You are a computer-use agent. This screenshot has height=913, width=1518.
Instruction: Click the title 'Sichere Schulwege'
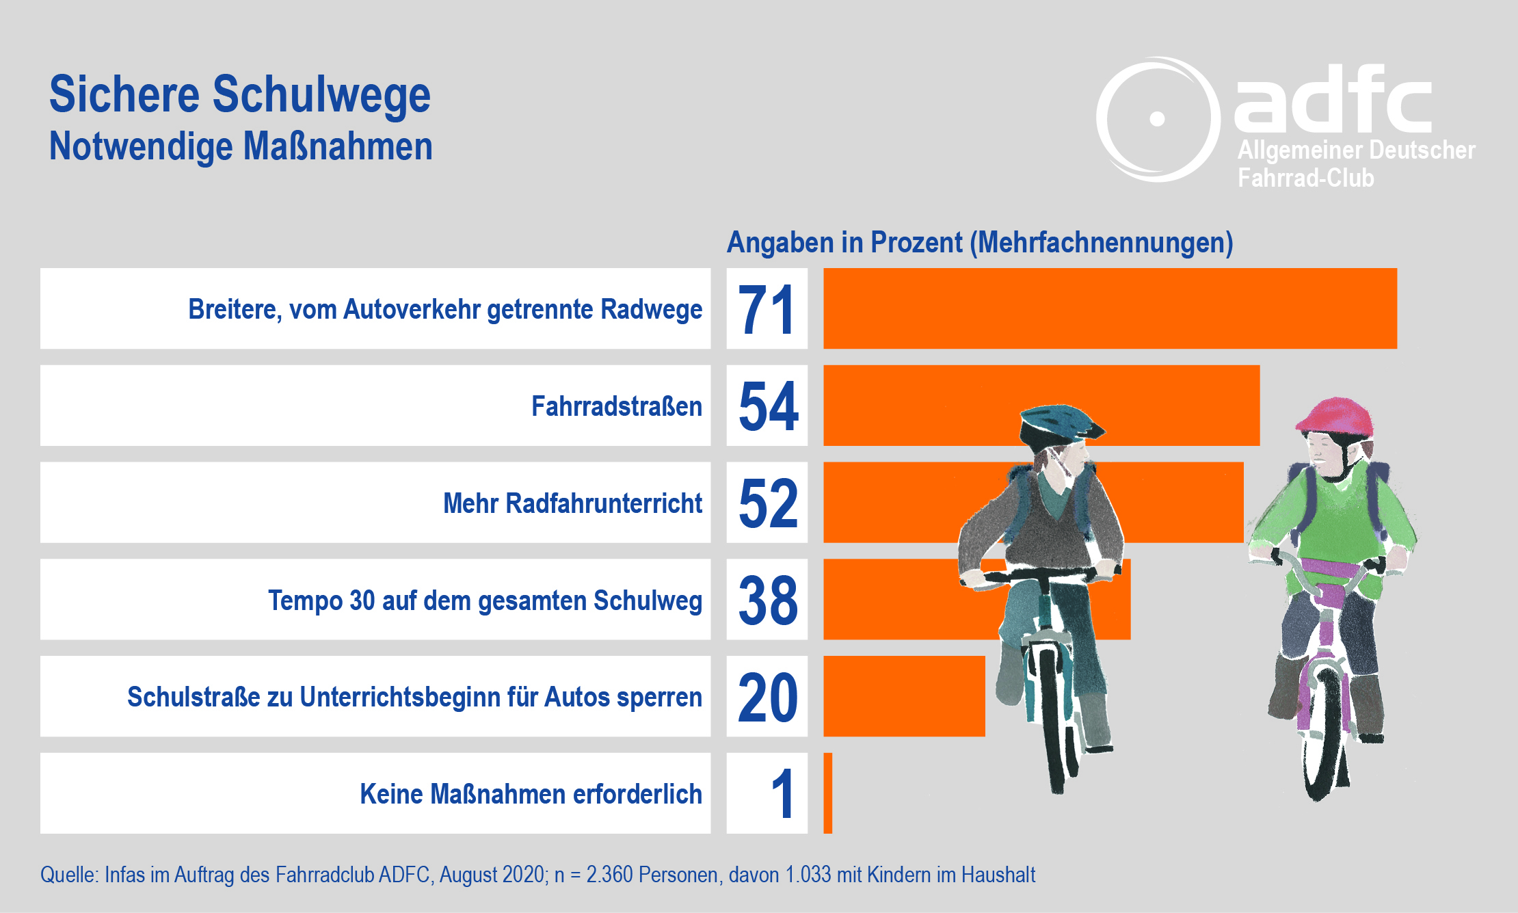tap(239, 94)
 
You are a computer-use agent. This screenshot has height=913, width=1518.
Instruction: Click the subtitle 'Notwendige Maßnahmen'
tap(241, 146)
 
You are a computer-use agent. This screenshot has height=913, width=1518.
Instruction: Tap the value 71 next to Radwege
tap(767, 309)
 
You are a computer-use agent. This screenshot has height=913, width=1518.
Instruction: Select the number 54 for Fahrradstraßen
tap(768, 406)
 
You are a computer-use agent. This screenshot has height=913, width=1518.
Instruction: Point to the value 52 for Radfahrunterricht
tap(768, 503)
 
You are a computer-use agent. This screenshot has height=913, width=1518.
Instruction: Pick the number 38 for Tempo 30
tap(768, 600)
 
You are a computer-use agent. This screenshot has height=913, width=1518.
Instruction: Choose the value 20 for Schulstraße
tap(768, 697)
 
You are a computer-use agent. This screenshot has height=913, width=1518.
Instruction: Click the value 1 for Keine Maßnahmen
tap(782, 794)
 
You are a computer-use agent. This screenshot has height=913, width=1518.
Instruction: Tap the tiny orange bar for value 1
tap(828, 793)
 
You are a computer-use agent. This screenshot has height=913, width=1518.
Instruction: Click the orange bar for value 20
tap(903, 696)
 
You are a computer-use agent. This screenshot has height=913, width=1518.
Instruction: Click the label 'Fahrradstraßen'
tap(616, 406)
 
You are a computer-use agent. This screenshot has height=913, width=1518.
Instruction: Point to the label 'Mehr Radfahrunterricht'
tap(572, 503)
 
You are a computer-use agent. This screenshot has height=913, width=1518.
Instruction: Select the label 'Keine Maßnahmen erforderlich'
tap(531, 794)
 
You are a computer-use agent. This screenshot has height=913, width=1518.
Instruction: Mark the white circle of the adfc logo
tap(1157, 119)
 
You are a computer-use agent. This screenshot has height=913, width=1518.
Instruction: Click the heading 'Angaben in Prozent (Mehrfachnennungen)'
tap(979, 243)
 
